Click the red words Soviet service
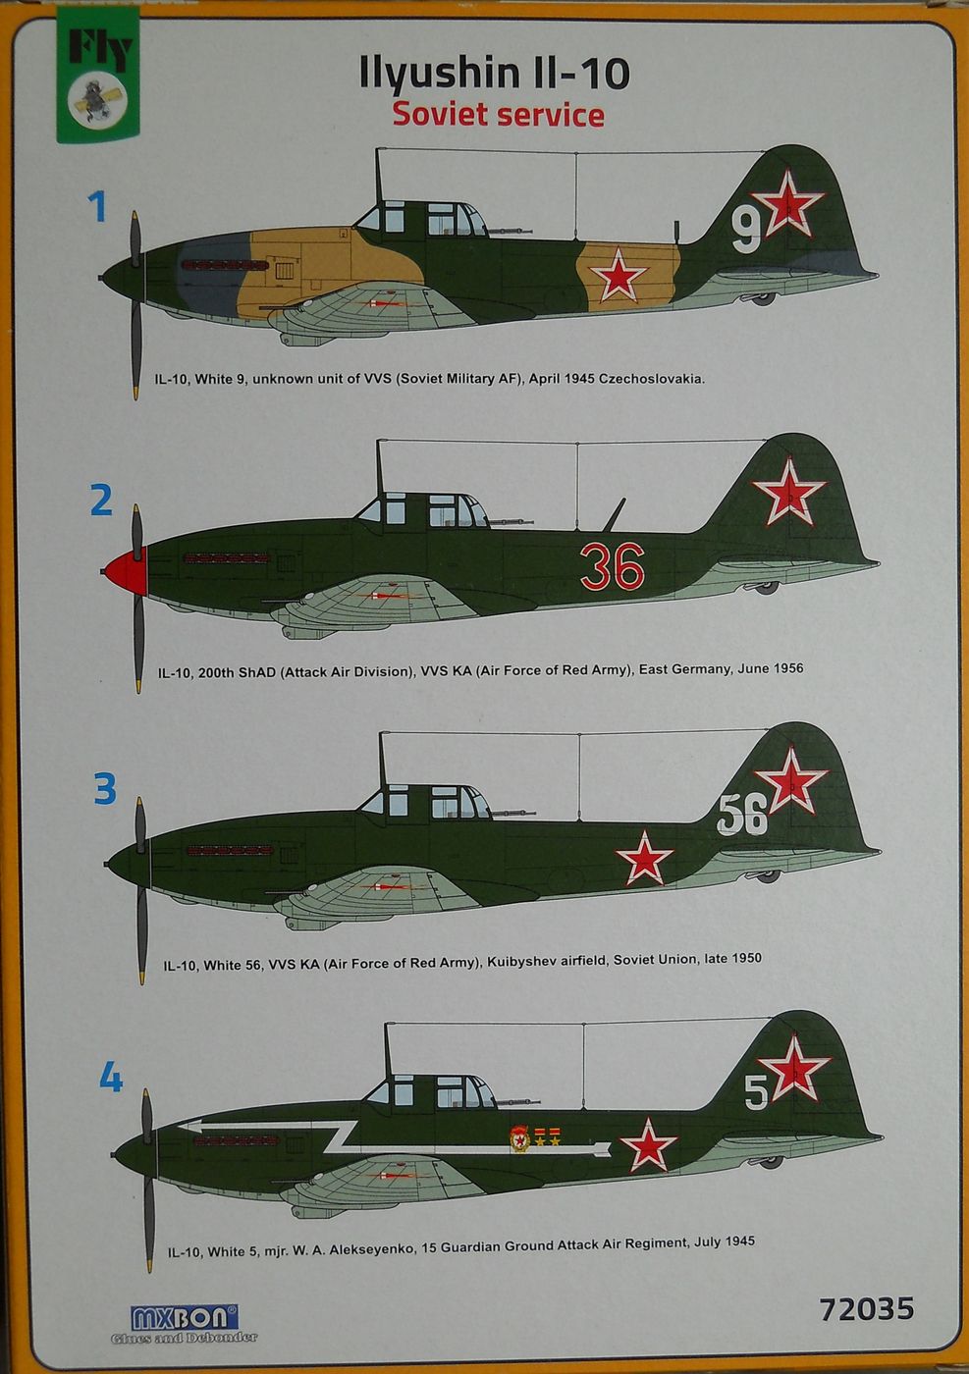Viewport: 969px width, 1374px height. pos(498,115)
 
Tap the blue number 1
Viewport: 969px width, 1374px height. pos(96,207)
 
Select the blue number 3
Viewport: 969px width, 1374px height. pos(104,788)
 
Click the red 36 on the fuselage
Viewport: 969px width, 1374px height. pos(611,566)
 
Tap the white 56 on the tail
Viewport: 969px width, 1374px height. pos(741,815)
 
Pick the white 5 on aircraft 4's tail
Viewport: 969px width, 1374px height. pos(755,1092)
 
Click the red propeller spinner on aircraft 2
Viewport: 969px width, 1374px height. pos(123,570)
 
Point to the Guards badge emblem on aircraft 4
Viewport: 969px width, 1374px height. pos(518,1138)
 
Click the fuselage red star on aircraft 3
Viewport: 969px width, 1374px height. pos(644,856)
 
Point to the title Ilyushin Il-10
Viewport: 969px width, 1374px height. pos(497,75)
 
